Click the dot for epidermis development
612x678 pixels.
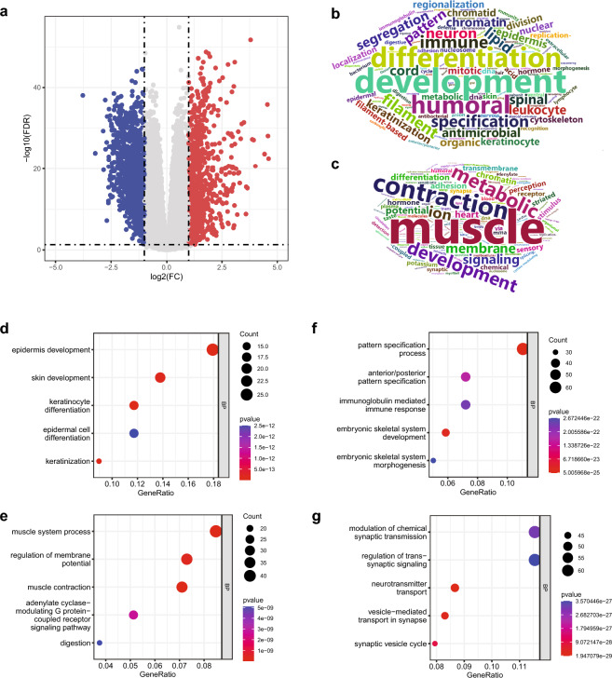tap(212, 349)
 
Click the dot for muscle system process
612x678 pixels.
tap(216, 531)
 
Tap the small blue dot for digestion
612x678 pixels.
tap(100, 643)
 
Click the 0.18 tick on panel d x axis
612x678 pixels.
tap(211, 483)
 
